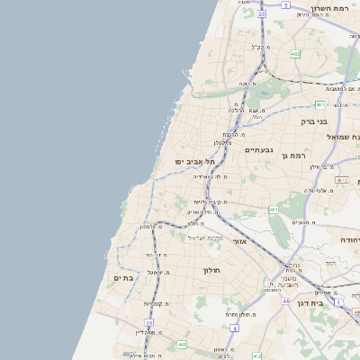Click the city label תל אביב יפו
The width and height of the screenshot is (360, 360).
193,162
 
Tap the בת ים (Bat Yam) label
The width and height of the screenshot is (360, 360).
123,278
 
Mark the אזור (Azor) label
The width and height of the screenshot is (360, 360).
239,241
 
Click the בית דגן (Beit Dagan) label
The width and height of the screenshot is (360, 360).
333,303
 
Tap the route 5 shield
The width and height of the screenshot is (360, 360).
285,4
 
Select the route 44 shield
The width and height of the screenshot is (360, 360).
285,301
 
